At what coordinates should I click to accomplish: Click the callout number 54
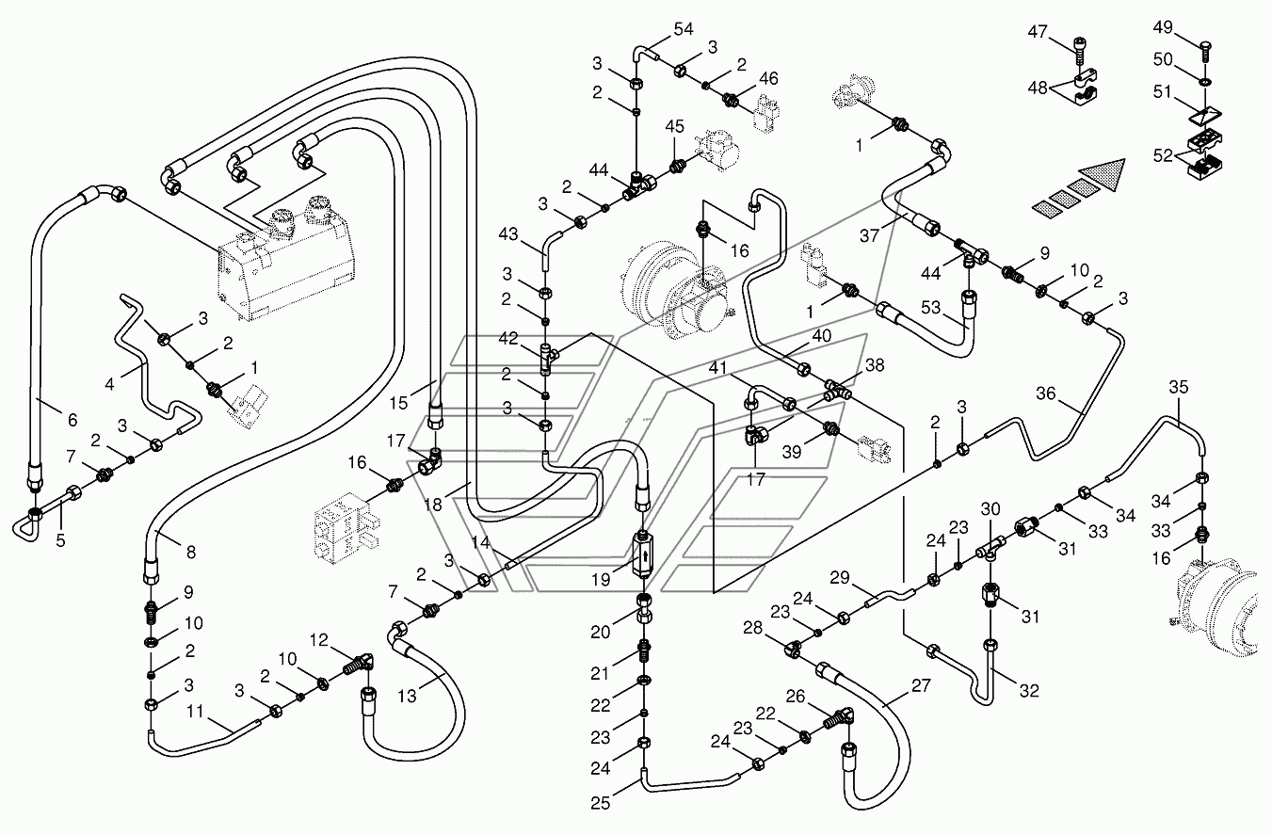[684, 29]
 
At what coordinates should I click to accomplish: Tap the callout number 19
[601, 580]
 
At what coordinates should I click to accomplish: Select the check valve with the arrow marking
[642, 554]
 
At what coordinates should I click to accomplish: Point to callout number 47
[1038, 32]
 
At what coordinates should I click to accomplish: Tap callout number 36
[1045, 393]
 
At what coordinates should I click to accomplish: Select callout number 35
[1178, 387]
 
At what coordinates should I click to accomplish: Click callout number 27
[921, 685]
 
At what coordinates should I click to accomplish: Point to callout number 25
[601, 803]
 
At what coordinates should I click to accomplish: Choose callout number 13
[407, 696]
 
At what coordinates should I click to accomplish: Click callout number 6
[72, 420]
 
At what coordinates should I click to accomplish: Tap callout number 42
[508, 338]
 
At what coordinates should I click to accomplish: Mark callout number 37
[869, 235]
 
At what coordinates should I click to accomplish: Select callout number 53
[931, 308]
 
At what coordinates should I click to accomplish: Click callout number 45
[675, 126]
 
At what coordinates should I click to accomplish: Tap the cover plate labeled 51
[1205, 117]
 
